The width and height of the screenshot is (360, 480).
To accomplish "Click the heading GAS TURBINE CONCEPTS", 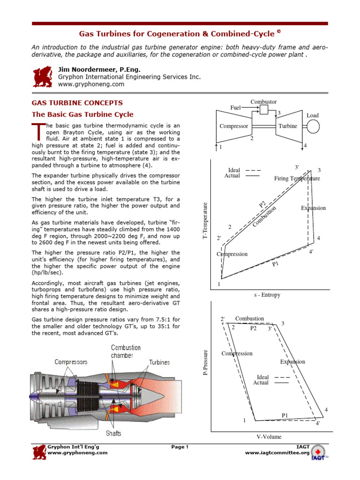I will coord(77,103).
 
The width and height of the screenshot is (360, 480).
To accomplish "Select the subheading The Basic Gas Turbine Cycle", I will coord(82,114).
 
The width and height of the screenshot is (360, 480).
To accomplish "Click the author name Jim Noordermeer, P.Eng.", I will coord(96,69).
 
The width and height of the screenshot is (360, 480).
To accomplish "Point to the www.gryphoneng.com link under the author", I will coord(91,84).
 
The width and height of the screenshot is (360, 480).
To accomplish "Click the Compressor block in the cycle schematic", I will coord(233,126).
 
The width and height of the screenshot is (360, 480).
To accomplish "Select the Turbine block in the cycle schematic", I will coord(287,126).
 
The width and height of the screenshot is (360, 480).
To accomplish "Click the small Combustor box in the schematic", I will coord(264,110).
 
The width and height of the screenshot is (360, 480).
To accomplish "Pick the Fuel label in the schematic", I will coord(235,108).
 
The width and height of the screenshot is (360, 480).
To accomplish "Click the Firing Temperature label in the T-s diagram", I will coord(297,179).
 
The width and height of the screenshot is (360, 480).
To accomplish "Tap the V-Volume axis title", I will coord(269,437).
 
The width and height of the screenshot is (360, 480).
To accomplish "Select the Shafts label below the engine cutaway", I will coord(113,434).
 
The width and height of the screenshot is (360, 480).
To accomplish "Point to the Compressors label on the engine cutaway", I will coord(71,362).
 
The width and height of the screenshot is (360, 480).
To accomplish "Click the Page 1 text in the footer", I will coord(180,447).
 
